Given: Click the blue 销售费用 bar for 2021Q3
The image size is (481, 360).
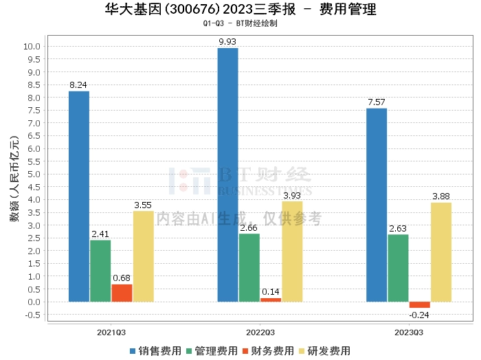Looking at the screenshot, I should click(79, 196).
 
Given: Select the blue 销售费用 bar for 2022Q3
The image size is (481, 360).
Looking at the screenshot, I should click(227, 175).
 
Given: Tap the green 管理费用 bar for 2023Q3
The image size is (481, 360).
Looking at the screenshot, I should click(398, 268).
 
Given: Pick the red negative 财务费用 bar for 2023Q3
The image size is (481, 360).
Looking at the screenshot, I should click(419, 304).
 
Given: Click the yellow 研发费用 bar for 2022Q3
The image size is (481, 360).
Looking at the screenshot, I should click(292, 251).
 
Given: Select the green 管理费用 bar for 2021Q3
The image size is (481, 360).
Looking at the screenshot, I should click(100, 271).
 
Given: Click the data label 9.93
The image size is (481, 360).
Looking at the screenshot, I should click(227, 42).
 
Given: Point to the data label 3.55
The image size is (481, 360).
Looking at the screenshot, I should click(143, 205).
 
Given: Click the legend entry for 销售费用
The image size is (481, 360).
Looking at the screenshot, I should click(156, 350).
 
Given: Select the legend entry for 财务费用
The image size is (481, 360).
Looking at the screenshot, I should click(267, 350).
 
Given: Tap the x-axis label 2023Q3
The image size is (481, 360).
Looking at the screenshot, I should click(408, 332).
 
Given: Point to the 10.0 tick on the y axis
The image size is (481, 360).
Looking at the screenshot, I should click(32, 46).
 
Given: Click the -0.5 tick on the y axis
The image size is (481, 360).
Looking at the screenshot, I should click(32, 315).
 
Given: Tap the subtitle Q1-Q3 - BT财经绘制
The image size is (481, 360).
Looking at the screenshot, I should click(240, 24).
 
